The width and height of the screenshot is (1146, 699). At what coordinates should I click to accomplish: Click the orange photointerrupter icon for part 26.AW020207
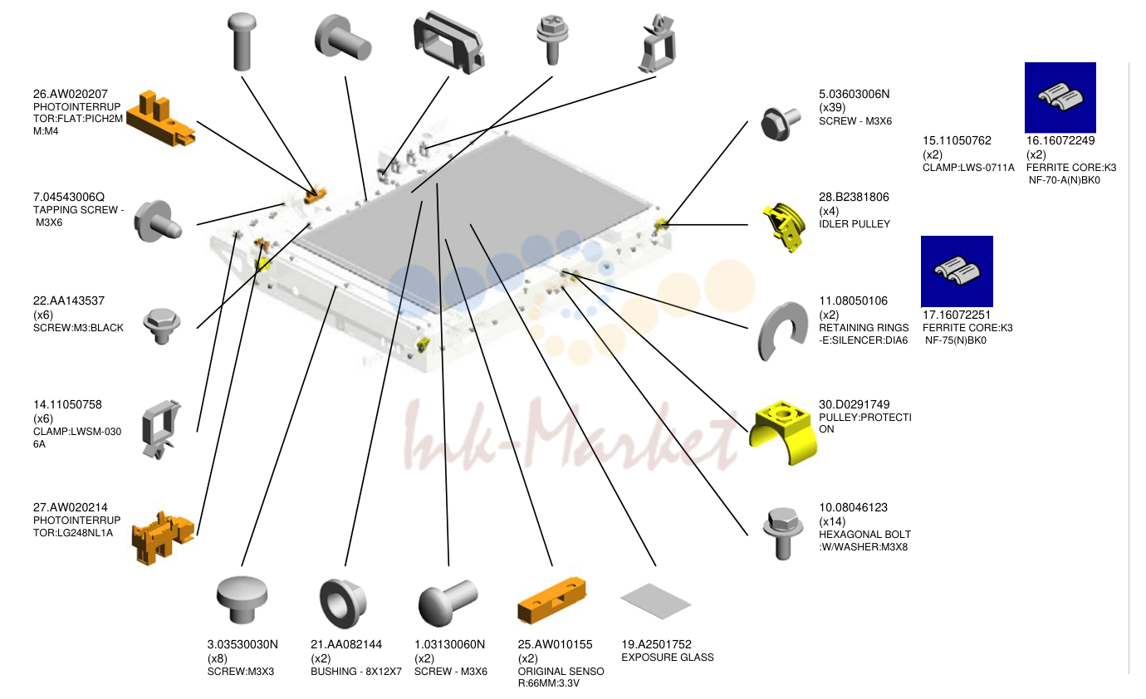point(160,118)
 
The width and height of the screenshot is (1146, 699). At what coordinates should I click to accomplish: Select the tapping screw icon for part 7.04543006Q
point(158,222)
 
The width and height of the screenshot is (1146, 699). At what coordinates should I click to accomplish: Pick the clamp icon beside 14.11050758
point(161,429)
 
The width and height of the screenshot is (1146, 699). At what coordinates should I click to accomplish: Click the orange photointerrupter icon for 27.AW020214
point(163,537)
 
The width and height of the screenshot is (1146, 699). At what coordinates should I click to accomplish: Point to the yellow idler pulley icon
point(784,227)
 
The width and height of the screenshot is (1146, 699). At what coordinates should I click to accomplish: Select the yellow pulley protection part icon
point(783,433)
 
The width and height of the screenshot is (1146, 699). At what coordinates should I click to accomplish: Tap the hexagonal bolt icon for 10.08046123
point(782,533)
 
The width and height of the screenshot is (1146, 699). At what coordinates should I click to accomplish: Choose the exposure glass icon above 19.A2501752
point(655,601)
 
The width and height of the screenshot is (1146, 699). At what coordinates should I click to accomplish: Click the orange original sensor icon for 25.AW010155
point(552,600)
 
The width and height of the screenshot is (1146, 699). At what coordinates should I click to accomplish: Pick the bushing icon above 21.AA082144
point(342,604)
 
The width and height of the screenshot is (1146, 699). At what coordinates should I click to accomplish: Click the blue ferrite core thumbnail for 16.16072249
point(1060,98)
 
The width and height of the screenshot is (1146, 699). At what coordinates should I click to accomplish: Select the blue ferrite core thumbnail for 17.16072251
point(957,271)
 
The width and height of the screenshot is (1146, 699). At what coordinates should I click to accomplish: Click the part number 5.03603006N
point(854,94)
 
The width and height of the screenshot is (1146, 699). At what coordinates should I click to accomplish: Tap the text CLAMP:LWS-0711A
point(968,168)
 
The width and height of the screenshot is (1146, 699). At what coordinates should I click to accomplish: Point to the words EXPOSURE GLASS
point(667,657)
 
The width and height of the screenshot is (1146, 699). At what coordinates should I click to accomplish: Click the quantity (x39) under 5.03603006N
point(832,107)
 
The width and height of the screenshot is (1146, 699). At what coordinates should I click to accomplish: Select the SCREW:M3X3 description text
point(241,672)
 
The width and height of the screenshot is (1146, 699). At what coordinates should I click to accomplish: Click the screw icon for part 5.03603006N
point(780,123)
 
